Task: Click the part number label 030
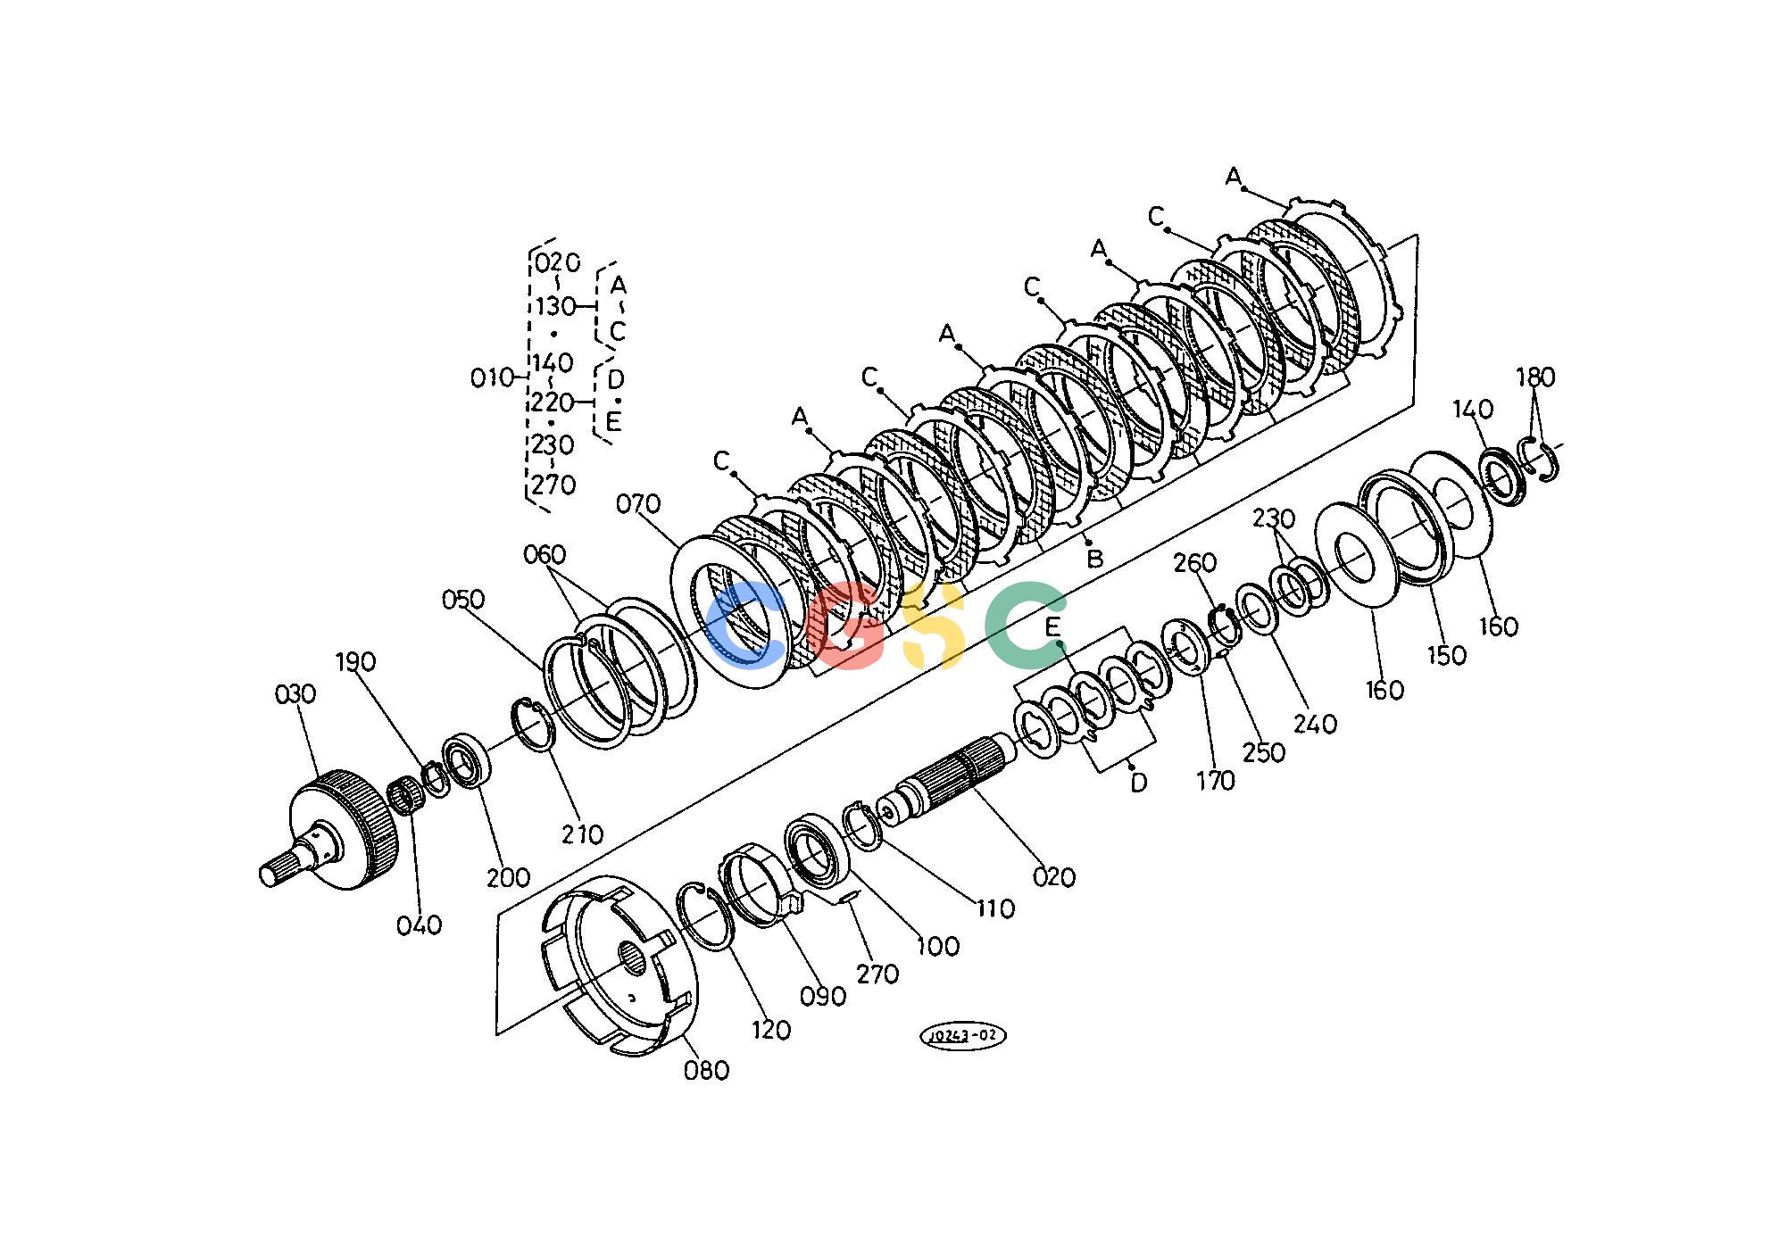(295, 693)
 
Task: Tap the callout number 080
(706, 1069)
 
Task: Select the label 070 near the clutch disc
(638, 504)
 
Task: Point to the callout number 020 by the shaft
(1054, 876)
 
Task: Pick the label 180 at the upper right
(1535, 377)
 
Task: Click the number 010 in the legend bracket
(493, 378)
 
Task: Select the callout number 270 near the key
(877, 974)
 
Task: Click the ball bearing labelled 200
(467, 759)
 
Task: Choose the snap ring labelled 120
(705, 916)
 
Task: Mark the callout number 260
(1195, 562)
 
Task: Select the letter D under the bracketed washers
(1138, 783)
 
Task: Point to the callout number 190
(355, 661)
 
